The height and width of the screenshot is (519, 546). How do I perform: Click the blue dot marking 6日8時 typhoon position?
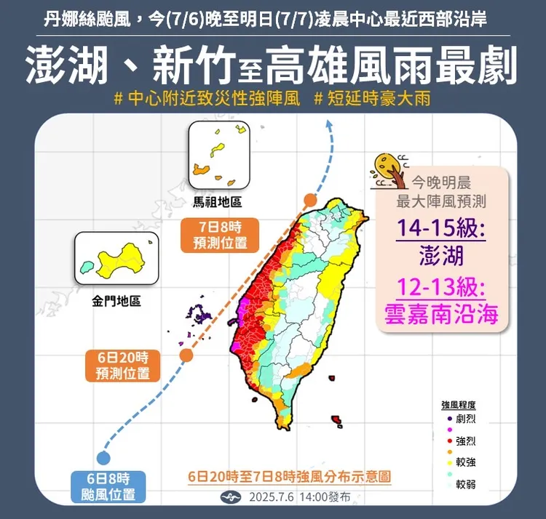103,458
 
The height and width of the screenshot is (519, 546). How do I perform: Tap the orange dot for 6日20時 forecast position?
186,355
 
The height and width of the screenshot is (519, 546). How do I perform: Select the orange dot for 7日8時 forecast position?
311,200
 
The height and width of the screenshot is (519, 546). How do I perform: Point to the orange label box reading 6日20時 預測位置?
122,366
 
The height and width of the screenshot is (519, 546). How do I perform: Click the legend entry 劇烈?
465,419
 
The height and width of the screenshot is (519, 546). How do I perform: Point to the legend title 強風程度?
458,405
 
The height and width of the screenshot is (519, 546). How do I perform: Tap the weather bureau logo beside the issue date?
231,498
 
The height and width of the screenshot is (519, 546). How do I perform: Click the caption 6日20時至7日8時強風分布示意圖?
289,477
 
